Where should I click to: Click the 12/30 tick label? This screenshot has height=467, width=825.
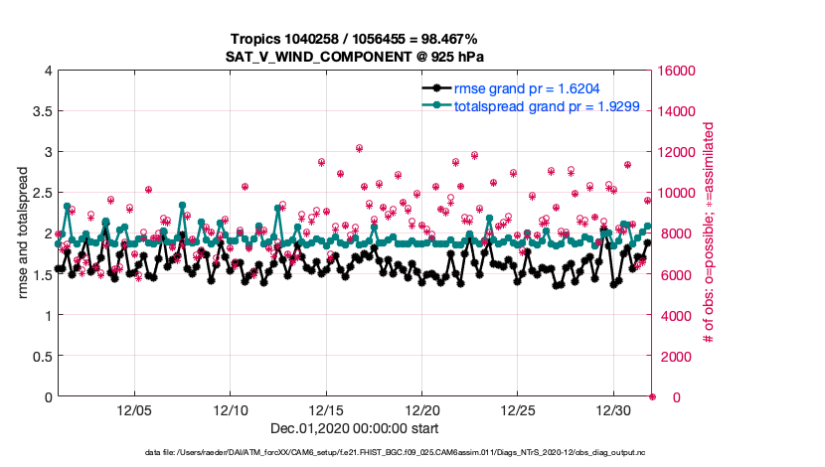[614, 410]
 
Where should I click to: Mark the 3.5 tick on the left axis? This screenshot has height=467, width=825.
[37, 111]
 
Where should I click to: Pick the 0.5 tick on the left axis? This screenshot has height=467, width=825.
[37, 356]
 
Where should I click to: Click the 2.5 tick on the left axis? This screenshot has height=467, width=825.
[37, 193]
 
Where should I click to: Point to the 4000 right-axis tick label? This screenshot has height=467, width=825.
[675, 315]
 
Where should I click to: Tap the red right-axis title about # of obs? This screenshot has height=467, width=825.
[709, 233]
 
